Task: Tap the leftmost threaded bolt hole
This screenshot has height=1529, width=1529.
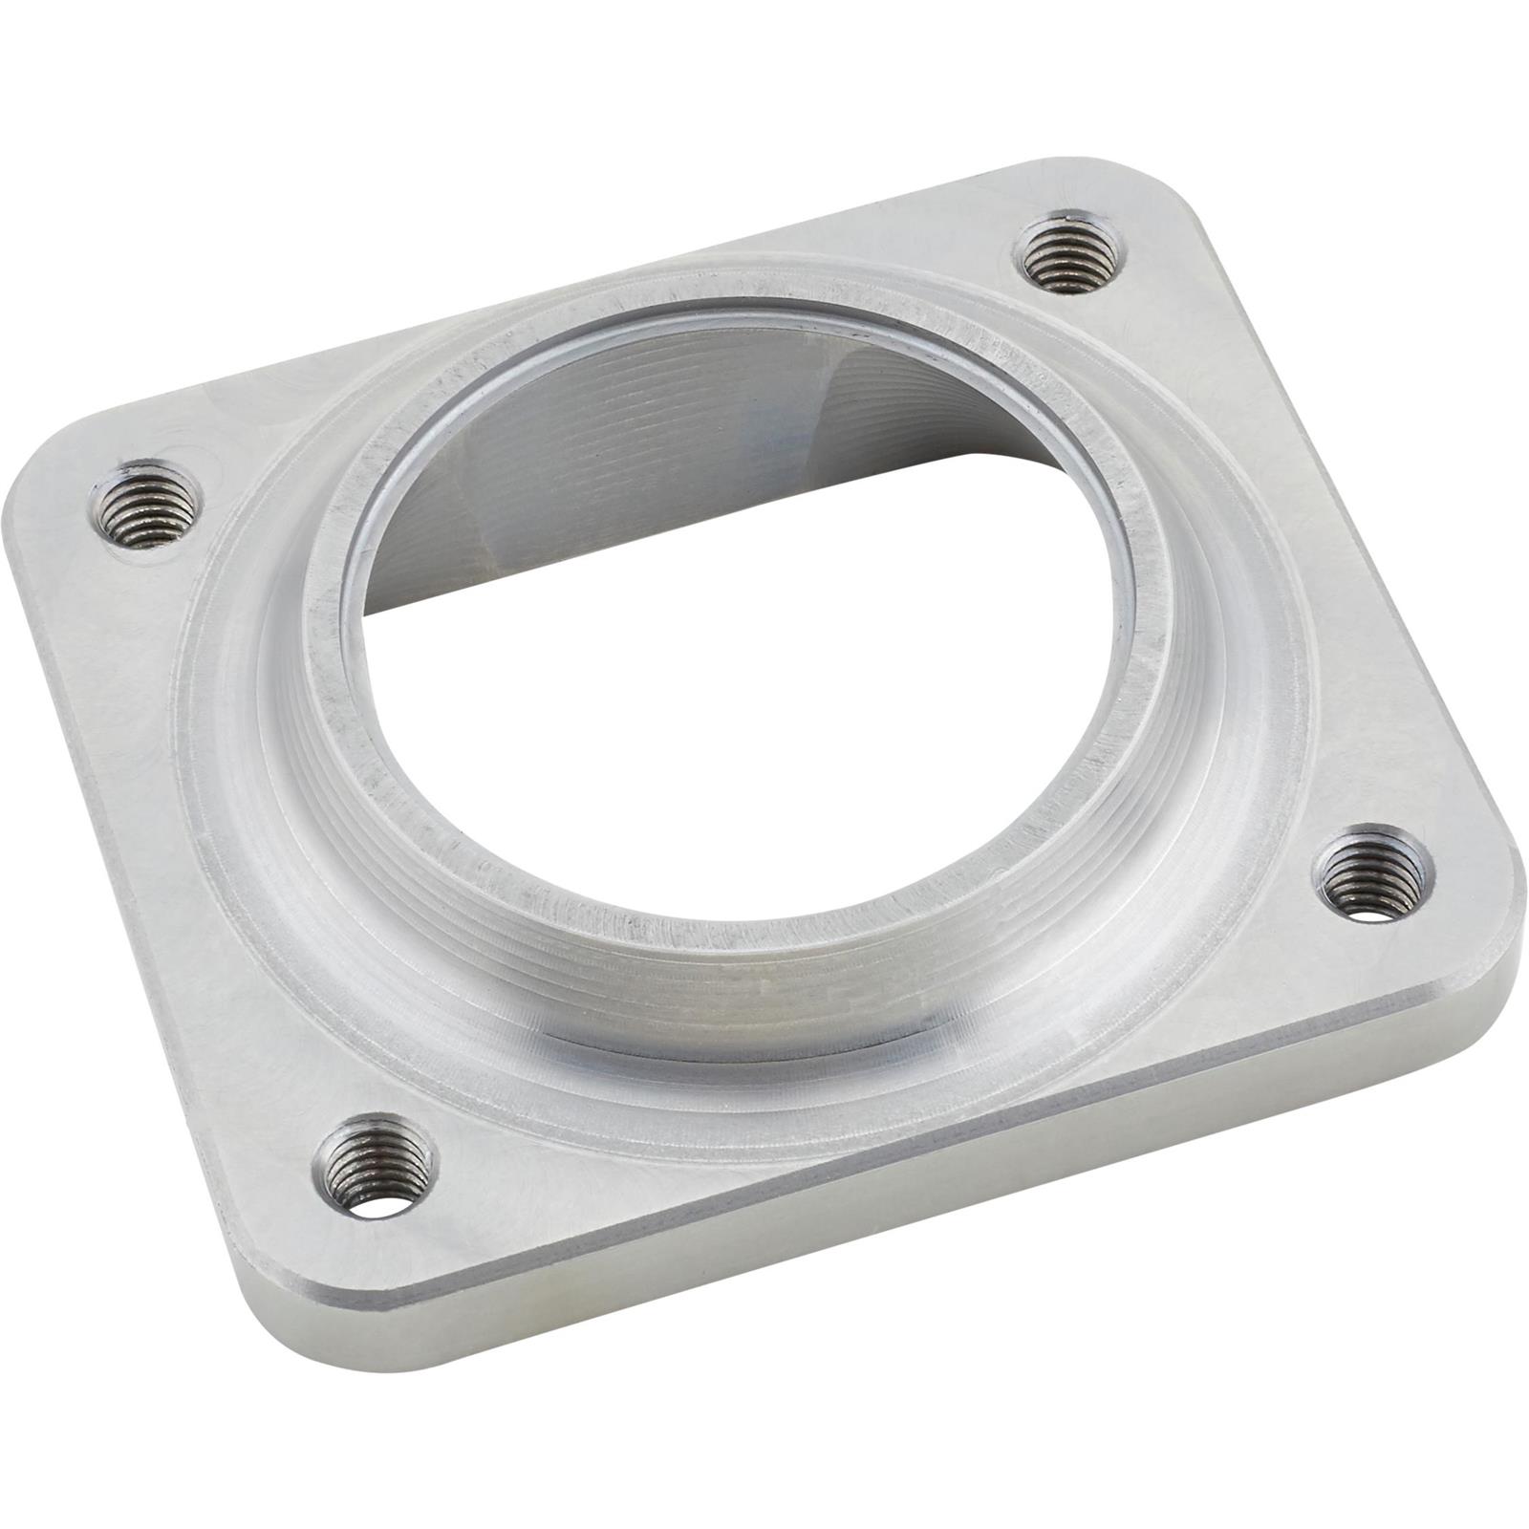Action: (148, 504)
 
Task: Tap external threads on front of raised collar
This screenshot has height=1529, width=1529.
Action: (726, 994)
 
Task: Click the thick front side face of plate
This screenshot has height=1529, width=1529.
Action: (956, 1195)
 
